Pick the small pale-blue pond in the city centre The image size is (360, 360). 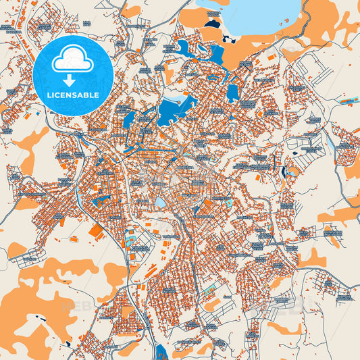coord(160,202)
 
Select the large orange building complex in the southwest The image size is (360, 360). coord(97,231)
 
